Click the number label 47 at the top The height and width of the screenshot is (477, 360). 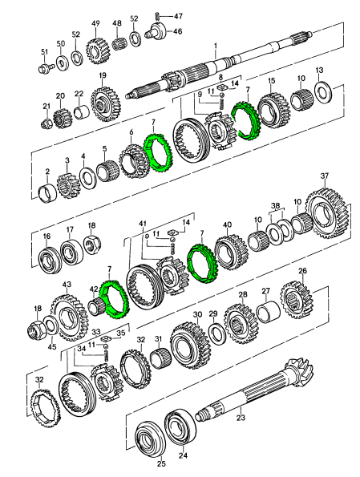pyautogui.click(x=178, y=16)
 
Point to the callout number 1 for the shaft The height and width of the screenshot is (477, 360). pyautogui.click(x=216, y=46)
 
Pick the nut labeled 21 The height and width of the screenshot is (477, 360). pyautogui.click(x=47, y=123)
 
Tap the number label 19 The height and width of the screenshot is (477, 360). pyautogui.click(x=103, y=75)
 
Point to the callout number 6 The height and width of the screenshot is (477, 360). pyautogui.click(x=131, y=132)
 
